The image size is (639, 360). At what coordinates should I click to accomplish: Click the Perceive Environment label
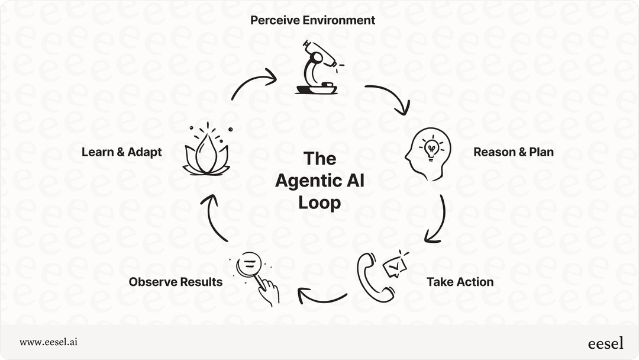312,20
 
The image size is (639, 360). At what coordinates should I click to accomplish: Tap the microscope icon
316,68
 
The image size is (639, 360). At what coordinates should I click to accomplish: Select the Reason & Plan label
514,152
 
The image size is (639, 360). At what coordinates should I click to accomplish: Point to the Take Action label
460,282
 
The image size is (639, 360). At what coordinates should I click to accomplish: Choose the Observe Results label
176,282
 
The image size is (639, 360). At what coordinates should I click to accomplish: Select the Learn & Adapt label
121,152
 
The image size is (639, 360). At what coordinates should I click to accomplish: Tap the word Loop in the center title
319,202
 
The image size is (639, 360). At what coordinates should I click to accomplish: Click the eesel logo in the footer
605,343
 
